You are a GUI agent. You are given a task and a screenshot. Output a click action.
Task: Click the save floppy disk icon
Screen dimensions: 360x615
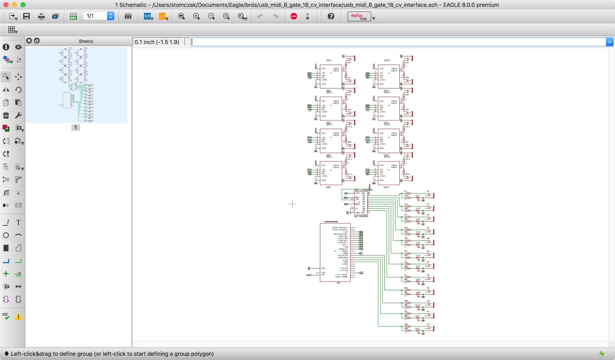click(27, 16)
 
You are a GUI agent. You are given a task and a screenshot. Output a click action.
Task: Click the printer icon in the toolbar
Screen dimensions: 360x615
click(41, 16)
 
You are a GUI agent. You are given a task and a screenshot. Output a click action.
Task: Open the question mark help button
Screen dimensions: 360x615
click(331, 16)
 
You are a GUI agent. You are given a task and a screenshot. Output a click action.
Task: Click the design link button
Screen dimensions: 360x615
click(359, 16)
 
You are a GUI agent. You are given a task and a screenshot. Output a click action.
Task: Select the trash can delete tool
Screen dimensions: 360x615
click(6, 115)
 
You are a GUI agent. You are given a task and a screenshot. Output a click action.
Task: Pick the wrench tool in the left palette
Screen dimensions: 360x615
click(18, 115)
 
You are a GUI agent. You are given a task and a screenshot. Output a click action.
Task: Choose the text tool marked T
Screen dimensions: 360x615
click(18, 222)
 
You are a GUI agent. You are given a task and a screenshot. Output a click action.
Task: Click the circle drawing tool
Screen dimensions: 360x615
click(6, 235)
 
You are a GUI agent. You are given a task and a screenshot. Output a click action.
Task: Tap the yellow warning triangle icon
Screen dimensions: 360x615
click(18, 317)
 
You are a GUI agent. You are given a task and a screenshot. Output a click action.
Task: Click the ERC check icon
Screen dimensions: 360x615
click(6, 316)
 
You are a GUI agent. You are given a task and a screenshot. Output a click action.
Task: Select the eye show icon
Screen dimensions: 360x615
click(18, 47)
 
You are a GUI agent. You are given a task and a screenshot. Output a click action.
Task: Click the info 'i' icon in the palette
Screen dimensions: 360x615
click(6, 47)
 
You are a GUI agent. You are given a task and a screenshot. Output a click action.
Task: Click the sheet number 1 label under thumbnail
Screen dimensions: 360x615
click(75, 127)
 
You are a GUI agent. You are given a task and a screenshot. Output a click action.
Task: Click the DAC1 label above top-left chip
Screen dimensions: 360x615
click(329, 60)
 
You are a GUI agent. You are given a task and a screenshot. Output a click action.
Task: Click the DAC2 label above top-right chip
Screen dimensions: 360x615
click(387, 60)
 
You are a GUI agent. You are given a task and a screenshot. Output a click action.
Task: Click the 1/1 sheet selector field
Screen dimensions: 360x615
click(95, 16)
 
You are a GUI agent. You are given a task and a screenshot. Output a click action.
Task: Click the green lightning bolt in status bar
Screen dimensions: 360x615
click(602, 353)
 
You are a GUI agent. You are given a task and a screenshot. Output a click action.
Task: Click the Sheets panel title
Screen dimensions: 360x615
click(86, 41)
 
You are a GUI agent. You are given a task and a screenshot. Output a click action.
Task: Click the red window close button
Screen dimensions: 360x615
click(6, 5)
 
